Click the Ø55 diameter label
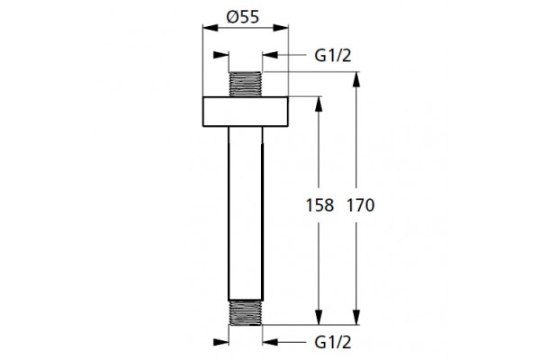(242, 17)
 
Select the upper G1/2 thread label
(333, 56)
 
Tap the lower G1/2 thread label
(333, 342)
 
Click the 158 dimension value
(319, 205)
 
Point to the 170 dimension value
(360, 205)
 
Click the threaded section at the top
(246, 84)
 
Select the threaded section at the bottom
(246, 313)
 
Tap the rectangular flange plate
(246, 112)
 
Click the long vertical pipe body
(246, 213)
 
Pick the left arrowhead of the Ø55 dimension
(210, 28)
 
